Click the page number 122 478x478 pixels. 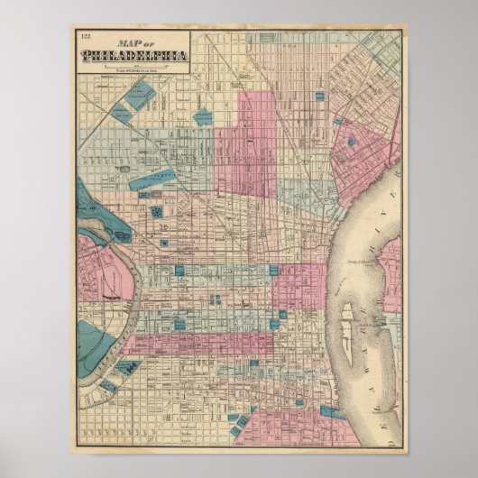[85, 37]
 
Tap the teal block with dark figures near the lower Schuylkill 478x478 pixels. [126, 368]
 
